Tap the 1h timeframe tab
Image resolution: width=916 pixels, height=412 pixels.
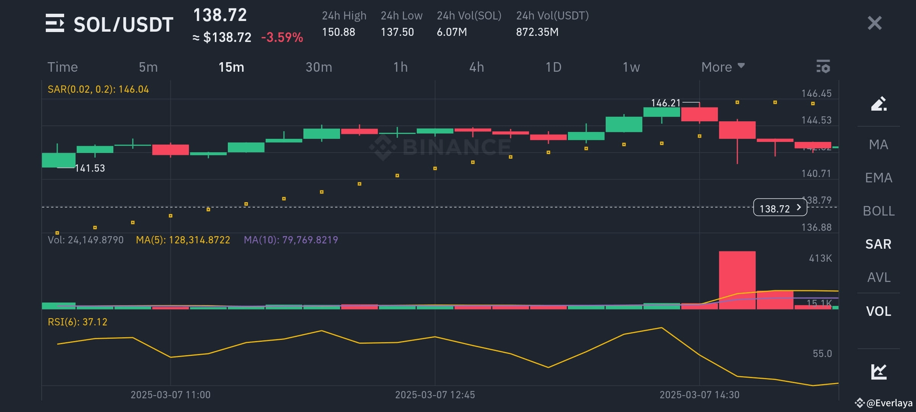pos(400,67)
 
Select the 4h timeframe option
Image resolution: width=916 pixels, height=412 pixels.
pos(476,67)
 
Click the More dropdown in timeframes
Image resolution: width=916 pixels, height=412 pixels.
pos(722,67)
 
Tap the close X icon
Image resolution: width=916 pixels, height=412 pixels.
pos(874,23)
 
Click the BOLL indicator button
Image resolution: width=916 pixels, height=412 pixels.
pos(879,211)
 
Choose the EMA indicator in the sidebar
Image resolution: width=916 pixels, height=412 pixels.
pos(879,178)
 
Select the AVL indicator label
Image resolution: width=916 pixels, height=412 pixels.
pos(879,277)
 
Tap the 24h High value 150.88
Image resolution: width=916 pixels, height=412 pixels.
pos(339,32)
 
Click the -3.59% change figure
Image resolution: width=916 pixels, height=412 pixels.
pos(282,37)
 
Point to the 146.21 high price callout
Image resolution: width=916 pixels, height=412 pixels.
pos(666,103)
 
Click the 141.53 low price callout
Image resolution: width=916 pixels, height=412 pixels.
pos(90,168)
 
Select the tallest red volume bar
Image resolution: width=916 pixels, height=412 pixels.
pos(737,280)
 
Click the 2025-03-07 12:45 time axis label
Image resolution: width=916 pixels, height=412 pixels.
pos(435,395)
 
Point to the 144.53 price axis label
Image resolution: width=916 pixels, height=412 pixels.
pos(816,120)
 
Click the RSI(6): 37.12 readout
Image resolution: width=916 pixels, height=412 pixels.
pos(77,322)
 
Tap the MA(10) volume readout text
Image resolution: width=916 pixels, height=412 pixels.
pos(291,240)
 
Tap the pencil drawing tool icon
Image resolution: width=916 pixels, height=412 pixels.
pos(878,104)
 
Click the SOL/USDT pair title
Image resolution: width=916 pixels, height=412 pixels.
pos(123,24)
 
